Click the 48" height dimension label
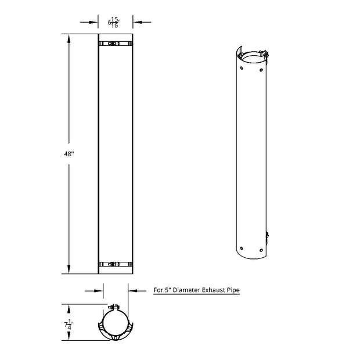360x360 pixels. coord(68,154)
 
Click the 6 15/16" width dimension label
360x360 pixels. coord(114,23)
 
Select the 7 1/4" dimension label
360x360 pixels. coord(69,325)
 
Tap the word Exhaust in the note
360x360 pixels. coord(213,290)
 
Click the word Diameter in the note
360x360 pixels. coord(186,290)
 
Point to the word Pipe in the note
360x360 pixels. coord(233,290)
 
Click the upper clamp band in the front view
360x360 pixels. coord(116,44)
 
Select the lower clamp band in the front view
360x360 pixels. coord(116,264)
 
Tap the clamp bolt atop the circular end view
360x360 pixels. coord(114,307)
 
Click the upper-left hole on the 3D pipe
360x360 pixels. coord(242,68)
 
